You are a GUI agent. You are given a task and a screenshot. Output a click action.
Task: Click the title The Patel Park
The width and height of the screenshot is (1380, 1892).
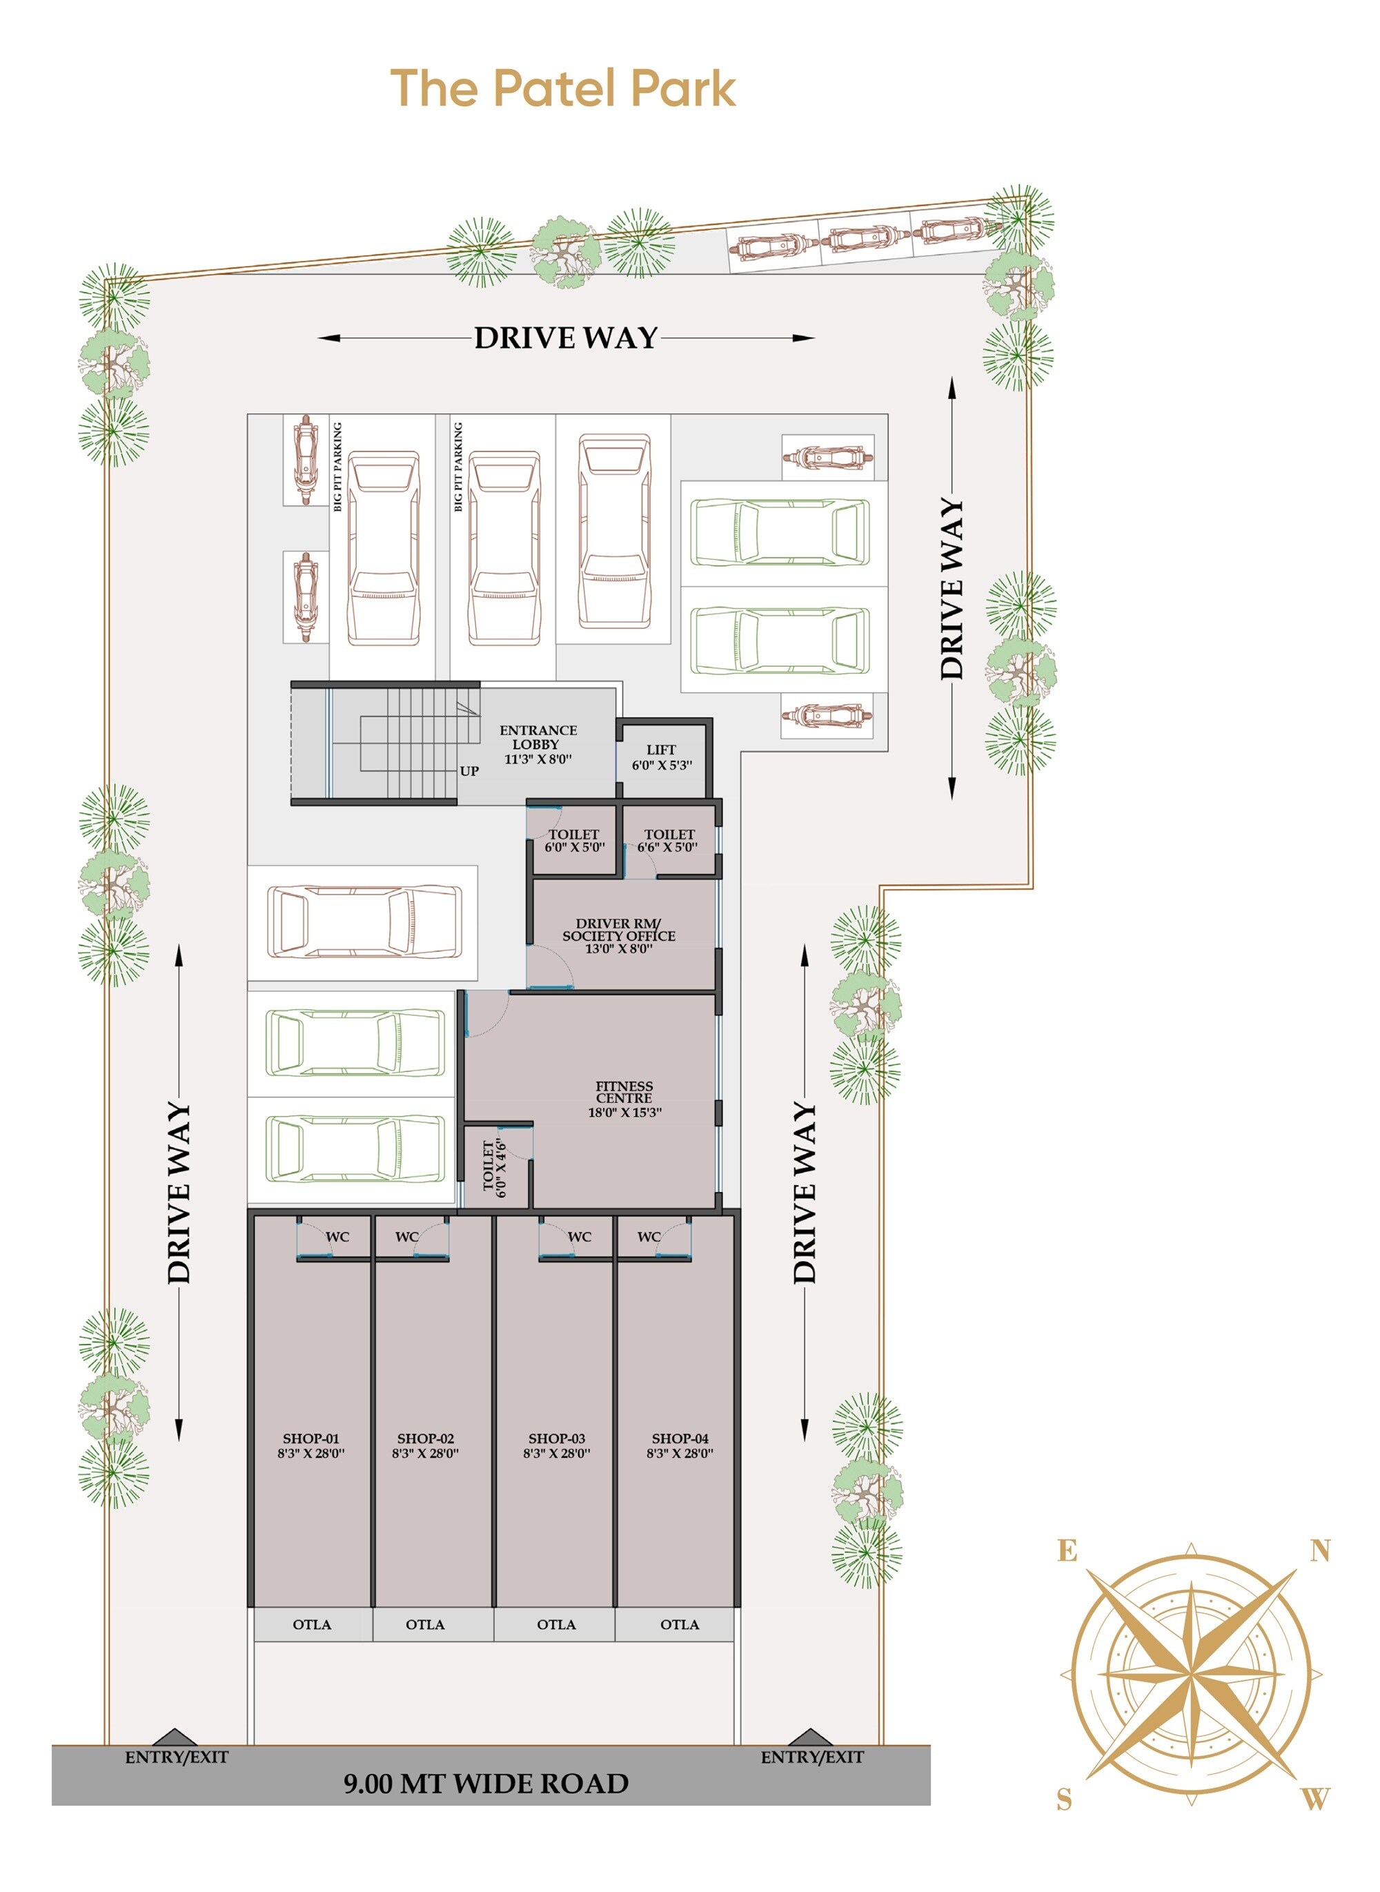coord(563,88)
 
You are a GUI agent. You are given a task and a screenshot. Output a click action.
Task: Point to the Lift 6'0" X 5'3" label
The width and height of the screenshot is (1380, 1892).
coord(661,757)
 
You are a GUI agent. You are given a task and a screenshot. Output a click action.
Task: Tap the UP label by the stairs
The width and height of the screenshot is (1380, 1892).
coord(469,771)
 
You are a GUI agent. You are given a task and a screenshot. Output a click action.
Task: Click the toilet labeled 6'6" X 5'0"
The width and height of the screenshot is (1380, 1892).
coord(669,841)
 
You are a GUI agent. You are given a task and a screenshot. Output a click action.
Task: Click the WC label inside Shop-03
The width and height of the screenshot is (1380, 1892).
coord(579,1237)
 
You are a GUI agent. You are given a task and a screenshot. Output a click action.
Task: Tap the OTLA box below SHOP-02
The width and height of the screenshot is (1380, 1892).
coord(425,1626)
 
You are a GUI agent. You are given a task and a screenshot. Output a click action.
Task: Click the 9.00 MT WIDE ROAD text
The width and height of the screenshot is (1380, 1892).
coord(486,1784)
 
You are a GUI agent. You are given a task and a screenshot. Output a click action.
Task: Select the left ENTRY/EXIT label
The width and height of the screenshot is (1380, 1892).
coord(176,1757)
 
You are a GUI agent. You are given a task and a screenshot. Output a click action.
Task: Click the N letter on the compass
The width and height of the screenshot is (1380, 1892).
coord(1320,1552)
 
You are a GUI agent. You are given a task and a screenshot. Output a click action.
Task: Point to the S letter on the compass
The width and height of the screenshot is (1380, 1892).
coord(1064,1800)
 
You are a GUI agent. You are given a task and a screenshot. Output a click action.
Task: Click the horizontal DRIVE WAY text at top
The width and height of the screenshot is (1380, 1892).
coord(566,338)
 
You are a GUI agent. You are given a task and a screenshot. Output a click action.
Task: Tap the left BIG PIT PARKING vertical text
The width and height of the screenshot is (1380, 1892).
coord(337,467)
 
